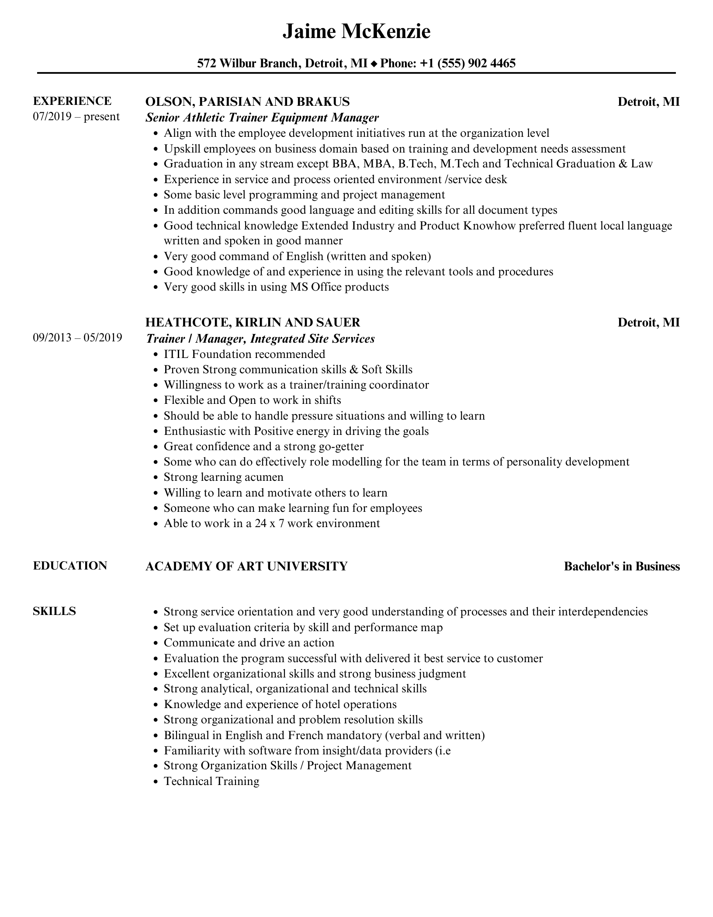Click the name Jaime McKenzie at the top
click(356, 31)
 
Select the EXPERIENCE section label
click(72, 101)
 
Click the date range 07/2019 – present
click(76, 117)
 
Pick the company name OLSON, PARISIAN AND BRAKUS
click(247, 101)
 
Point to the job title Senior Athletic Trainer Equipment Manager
click(262, 117)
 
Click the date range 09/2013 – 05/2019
click(77, 337)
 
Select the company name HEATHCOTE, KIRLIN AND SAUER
click(253, 322)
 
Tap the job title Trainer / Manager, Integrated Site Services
click(260, 338)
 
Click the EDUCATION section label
click(70, 566)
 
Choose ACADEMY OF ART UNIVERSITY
click(246, 566)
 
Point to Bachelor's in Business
click(622, 566)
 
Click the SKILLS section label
click(54, 611)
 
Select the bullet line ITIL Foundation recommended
click(244, 354)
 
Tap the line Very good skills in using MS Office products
click(276, 287)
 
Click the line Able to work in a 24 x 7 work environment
click(272, 523)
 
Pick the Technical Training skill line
click(211, 781)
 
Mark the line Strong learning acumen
click(224, 477)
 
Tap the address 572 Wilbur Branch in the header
click(248, 63)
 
